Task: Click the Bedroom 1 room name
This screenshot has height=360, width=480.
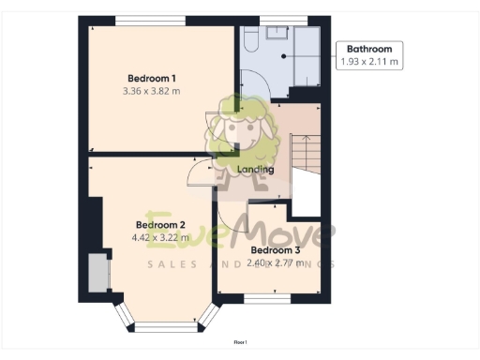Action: [152, 78]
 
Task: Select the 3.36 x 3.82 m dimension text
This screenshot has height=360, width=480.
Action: [152, 91]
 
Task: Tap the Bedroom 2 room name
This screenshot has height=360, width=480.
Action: [160, 225]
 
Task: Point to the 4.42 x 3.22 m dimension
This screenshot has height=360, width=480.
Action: [160, 238]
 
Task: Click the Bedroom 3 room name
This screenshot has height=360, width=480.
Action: [275, 250]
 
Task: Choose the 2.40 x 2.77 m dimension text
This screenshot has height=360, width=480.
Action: [275, 263]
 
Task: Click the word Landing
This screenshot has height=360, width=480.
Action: [256, 170]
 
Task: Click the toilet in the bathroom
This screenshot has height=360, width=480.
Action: [250, 39]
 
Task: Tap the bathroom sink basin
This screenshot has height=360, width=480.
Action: [277, 34]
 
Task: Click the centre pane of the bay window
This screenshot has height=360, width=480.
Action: [160, 327]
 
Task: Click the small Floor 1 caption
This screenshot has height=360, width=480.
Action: [240, 345]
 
